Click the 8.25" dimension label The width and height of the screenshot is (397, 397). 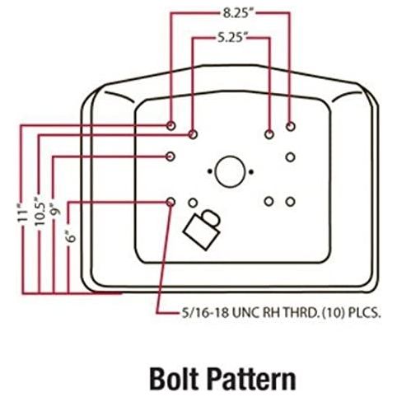tap(236, 13)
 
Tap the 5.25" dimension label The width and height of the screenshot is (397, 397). tap(231, 37)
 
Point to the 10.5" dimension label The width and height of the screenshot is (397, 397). tap(40, 210)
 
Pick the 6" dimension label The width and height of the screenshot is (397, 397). tap(71, 236)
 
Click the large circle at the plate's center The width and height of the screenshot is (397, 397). tap(230, 172)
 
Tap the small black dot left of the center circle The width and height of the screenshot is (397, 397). tap(210, 171)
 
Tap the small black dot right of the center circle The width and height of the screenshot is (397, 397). tap(251, 172)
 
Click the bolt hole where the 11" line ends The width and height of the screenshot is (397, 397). tap(170, 126)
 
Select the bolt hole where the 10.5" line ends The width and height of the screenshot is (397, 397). tap(193, 134)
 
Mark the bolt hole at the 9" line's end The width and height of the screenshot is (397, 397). tap(170, 156)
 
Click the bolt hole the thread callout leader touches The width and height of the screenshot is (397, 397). tap(170, 202)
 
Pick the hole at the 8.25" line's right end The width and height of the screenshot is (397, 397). tap(291, 127)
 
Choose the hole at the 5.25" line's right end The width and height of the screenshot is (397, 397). tap(269, 134)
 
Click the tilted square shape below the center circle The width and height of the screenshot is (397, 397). tap(202, 231)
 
